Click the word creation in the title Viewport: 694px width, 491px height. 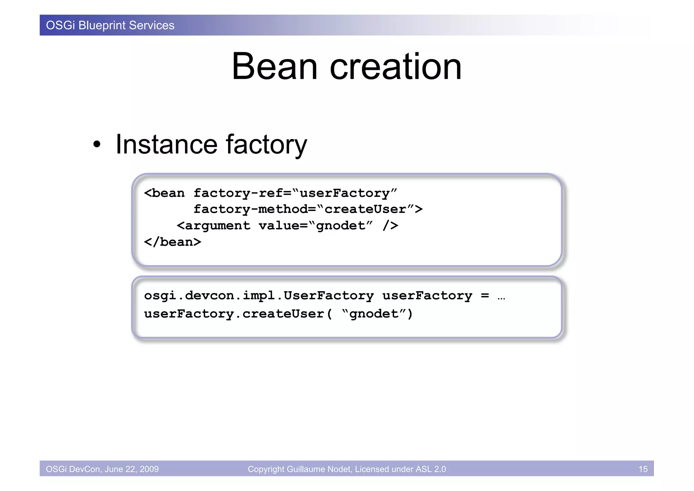[395, 67]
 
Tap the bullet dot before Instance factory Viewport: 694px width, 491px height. [97, 145]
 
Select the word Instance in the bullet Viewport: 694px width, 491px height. [166, 144]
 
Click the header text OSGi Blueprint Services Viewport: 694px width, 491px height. [110, 25]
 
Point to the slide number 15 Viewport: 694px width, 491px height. [643, 469]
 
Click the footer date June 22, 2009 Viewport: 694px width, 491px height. [131, 469]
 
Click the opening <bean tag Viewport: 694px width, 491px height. [164, 193]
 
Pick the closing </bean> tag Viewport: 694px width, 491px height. [172, 242]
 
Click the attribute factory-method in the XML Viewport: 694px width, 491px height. [250, 209]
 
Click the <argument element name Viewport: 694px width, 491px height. [213, 226]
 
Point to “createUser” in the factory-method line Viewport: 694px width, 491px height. [365, 209]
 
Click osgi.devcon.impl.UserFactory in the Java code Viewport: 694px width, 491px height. [259, 296]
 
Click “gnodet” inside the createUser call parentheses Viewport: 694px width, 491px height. [373, 314]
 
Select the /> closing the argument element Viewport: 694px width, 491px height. [390, 226]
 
